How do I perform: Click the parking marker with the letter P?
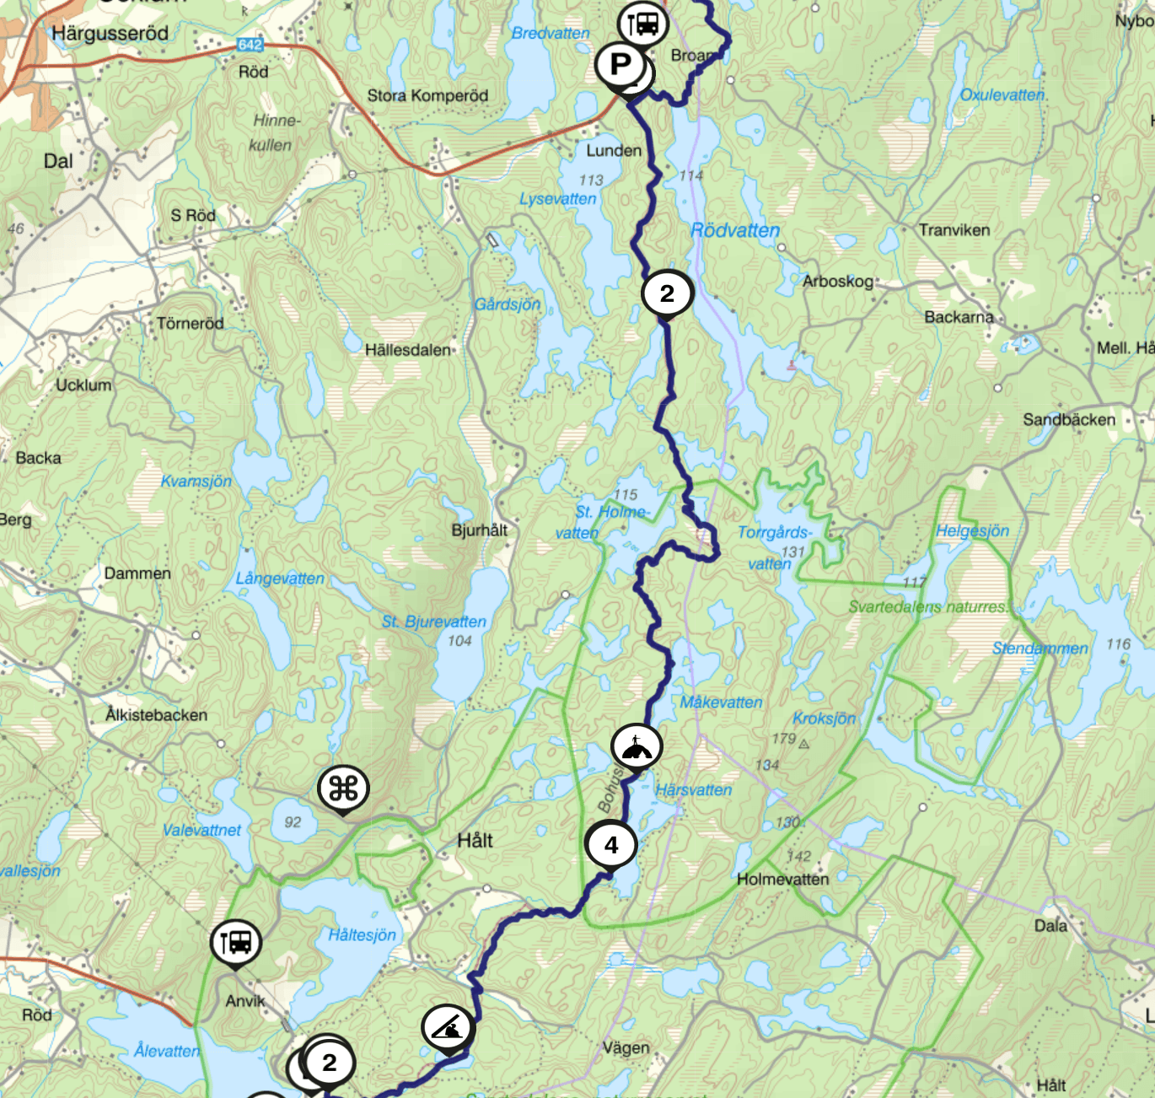620,64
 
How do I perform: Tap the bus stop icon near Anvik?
235,942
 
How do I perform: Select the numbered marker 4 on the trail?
611,844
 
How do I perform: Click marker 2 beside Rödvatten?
667,293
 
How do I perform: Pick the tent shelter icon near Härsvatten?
637,746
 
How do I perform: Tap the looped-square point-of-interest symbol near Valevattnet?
343,789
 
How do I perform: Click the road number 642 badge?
250,45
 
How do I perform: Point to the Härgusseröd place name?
110,34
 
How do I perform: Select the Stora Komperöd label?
427,95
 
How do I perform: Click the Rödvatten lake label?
735,230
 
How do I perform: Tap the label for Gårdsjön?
507,304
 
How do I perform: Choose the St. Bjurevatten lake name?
434,622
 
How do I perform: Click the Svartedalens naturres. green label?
927,606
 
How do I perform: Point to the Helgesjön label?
972,530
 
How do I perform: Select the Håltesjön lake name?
362,934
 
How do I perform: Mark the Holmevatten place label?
782,879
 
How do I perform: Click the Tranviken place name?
954,230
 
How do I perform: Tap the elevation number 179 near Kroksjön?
783,739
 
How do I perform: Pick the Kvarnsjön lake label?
196,481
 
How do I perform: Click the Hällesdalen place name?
408,349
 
